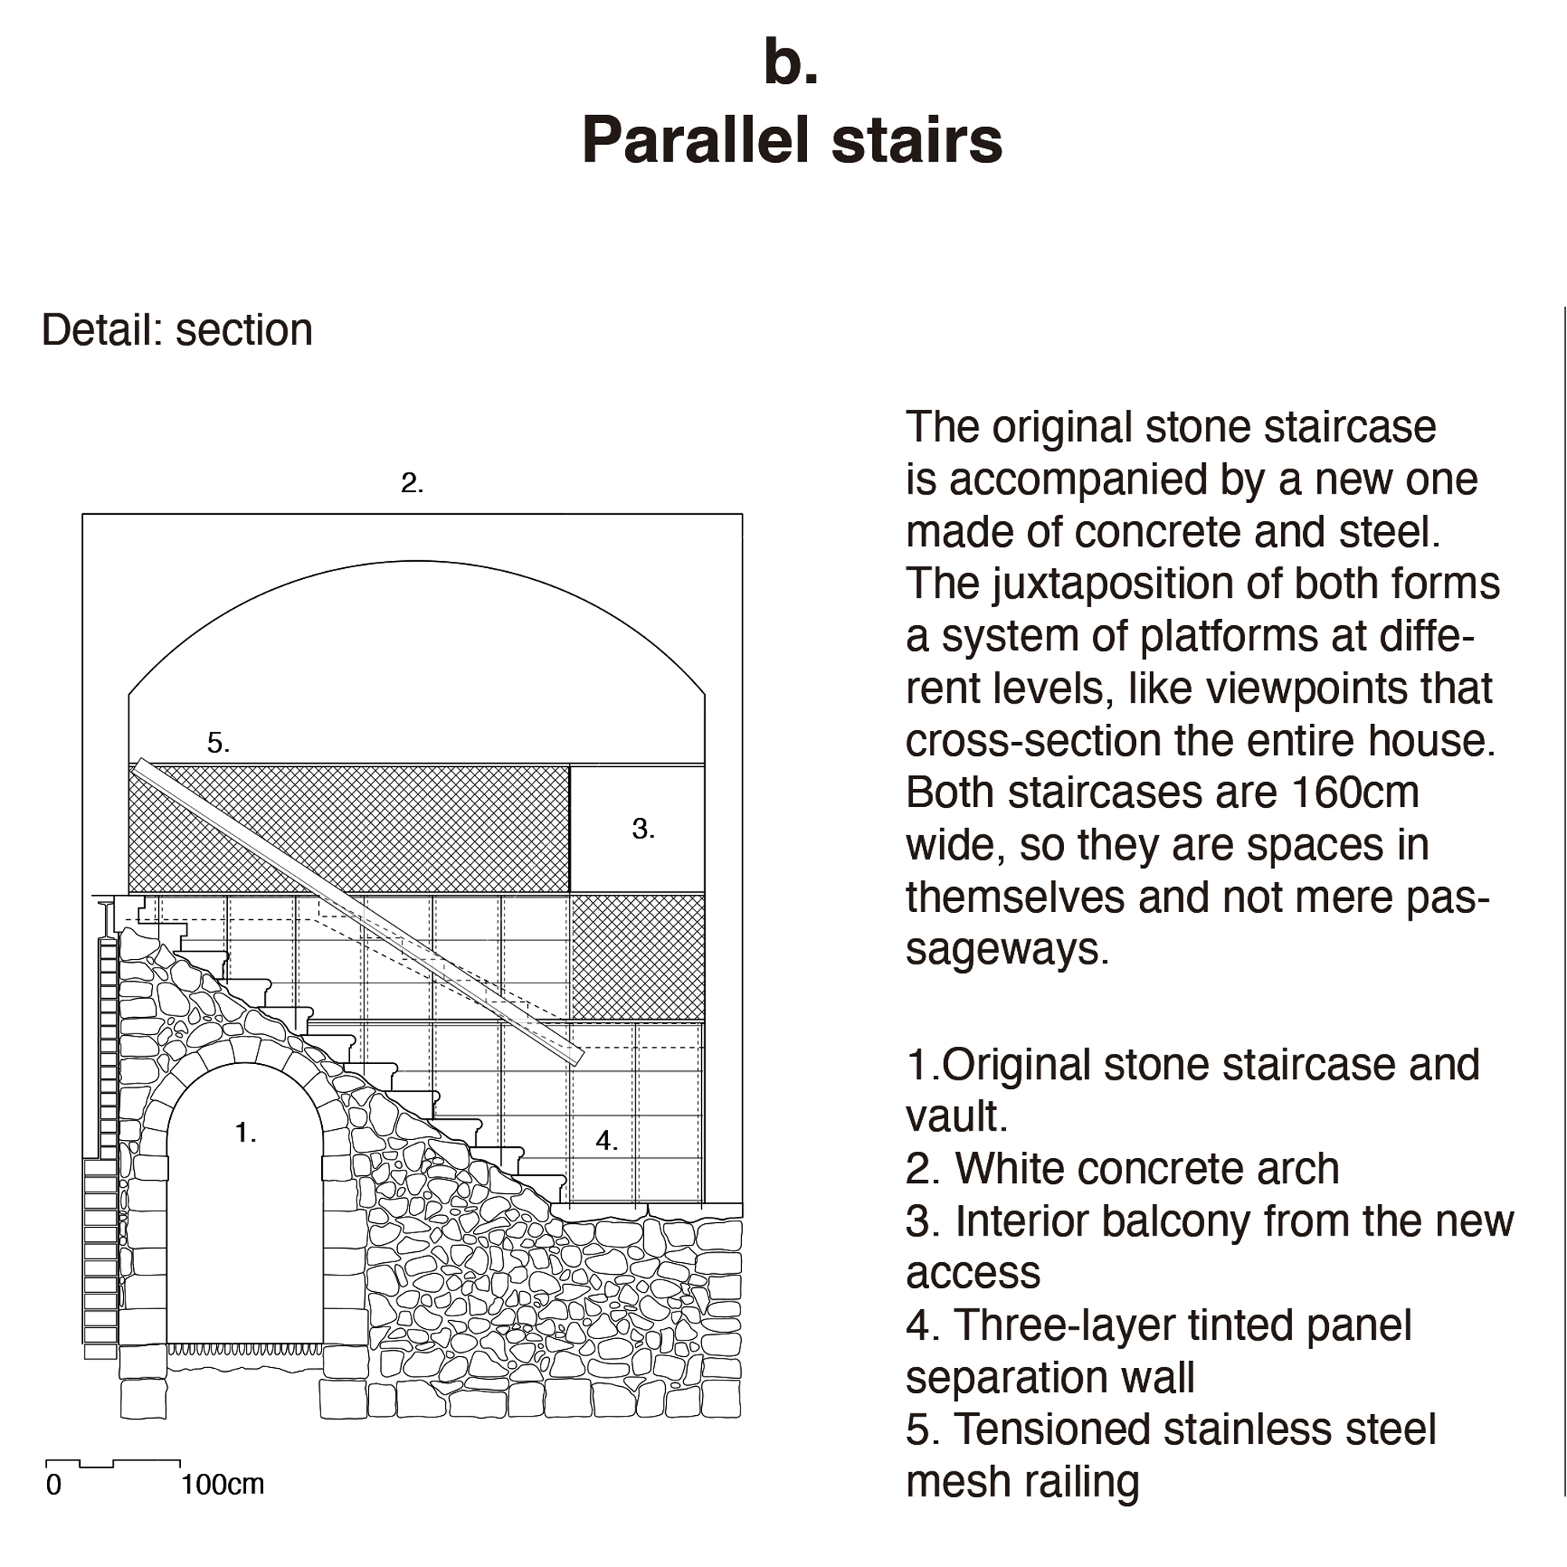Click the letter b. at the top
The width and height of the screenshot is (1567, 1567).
791,63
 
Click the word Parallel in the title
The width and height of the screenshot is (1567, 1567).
696,140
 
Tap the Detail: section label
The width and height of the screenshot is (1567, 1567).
177,330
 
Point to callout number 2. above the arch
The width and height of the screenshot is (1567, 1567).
412,483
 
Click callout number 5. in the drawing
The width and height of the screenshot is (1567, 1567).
218,742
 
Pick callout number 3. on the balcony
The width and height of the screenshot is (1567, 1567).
643,828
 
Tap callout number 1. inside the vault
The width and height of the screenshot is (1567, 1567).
245,1132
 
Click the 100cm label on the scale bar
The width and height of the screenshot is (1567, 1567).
223,1484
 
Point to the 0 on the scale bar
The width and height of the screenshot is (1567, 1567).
53,1484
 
